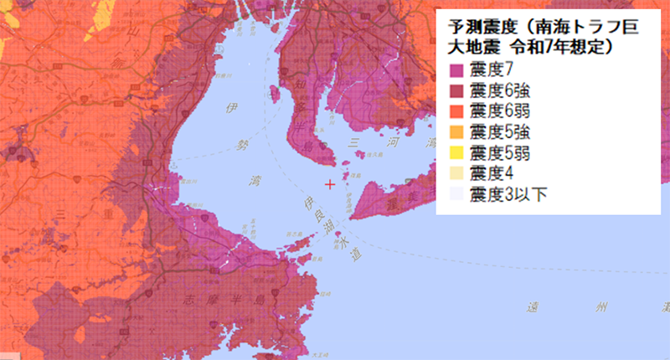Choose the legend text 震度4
492,173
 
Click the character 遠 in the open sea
529,306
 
